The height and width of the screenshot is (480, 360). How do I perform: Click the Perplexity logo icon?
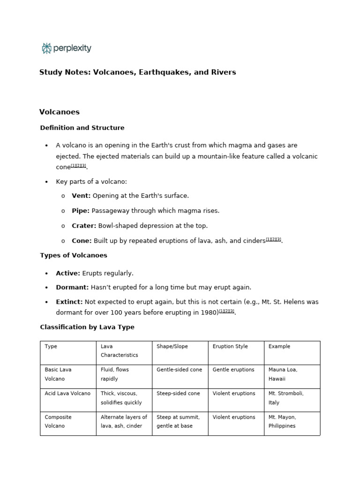tap(46, 48)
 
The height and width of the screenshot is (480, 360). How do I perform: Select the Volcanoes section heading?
tap(60, 112)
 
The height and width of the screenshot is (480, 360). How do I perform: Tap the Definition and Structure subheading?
tap(82, 128)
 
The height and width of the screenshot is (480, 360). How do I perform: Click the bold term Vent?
tap(81, 196)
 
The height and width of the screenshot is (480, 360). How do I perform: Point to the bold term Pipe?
tap(81, 211)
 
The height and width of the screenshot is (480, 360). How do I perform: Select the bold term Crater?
tap(84, 226)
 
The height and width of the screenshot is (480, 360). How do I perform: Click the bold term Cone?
tap(82, 241)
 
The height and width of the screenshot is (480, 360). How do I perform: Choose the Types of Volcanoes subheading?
tap(74, 255)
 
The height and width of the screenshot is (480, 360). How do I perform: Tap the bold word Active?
tap(68, 273)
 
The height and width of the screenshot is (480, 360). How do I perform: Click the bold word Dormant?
tap(72, 287)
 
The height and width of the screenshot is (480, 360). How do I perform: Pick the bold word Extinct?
tap(69, 302)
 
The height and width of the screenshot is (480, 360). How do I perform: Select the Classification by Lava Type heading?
tap(87, 327)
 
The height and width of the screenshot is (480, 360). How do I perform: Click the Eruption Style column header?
tap(230, 346)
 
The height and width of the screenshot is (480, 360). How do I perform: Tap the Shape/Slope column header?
tap(172, 346)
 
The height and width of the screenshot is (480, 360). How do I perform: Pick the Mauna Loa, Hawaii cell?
tap(283, 374)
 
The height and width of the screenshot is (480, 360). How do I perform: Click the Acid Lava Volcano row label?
tap(67, 394)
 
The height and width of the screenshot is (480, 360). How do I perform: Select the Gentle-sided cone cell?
tap(179, 370)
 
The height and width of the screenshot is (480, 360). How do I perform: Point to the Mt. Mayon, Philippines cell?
tap(282, 421)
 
